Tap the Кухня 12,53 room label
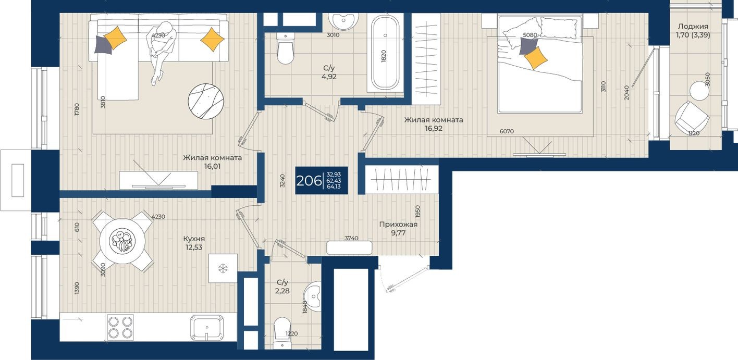194,243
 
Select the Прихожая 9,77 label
398,229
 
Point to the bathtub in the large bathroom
385,52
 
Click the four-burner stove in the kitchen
120,327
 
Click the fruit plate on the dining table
123,241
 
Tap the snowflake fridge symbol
223,269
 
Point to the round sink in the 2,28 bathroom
314,296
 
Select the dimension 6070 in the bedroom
507,131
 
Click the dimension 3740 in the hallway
351,238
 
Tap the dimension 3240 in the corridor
282,181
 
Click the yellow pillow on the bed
536,58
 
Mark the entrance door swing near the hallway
404,277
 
